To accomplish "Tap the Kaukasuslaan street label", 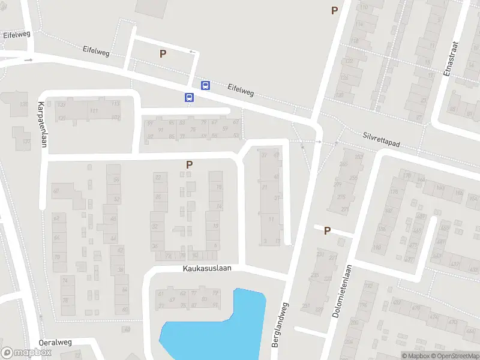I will [207, 269].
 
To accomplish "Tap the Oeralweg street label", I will [55, 343].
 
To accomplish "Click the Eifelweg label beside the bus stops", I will [241, 90].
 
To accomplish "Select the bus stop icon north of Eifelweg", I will [205, 85].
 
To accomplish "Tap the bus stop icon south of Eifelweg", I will [189, 97].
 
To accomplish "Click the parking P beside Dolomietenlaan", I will [327, 230].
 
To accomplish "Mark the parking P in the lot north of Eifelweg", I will [163, 53].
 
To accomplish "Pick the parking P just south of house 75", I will [190, 164].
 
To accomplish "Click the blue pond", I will [216, 327].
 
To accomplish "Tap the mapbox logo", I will [26, 353].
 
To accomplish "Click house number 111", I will [94, 111].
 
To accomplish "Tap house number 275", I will [341, 197].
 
